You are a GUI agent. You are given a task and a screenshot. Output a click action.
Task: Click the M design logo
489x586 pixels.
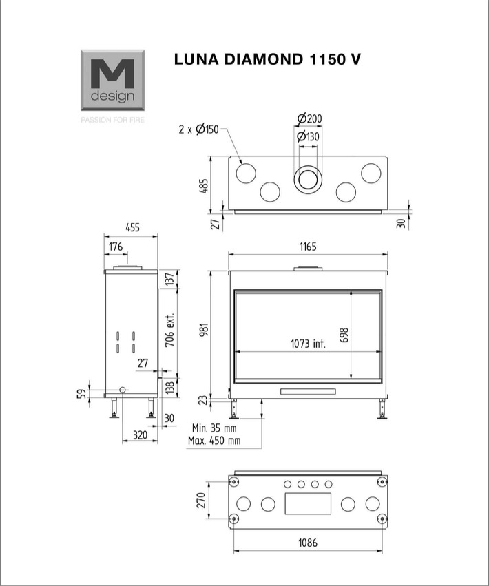(112, 81)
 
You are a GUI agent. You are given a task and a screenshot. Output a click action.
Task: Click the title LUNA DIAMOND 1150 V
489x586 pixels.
(268, 59)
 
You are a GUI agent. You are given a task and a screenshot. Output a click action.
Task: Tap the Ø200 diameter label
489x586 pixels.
(309, 118)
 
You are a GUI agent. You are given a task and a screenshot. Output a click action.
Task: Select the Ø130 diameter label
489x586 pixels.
(308, 137)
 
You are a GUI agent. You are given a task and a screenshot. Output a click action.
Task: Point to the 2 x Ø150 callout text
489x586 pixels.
(198, 129)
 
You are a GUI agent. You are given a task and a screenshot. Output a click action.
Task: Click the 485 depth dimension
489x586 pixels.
(204, 186)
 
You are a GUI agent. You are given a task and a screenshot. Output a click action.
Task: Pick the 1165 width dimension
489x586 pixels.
(308, 247)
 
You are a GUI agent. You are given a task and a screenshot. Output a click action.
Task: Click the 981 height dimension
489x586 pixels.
(204, 330)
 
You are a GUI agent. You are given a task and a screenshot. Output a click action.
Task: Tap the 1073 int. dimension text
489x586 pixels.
(308, 344)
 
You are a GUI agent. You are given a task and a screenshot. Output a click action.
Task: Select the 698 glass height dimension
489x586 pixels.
(344, 335)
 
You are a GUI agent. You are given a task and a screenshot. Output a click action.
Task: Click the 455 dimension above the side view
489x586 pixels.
(133, 227)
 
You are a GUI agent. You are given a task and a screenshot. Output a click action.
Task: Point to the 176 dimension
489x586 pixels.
(116, 247)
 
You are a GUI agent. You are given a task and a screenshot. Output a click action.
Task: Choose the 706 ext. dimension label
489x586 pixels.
(170, 330)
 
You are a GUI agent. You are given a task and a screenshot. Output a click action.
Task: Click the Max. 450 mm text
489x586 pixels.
(214, 441)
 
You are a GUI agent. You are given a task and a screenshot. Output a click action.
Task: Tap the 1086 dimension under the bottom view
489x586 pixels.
(308, 543)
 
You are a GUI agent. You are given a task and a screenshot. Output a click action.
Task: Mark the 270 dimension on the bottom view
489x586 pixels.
(201, 501)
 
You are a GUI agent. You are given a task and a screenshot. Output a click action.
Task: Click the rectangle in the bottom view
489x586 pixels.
(308, 503)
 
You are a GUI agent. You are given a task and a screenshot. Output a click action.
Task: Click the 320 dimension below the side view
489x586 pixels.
(141, 435)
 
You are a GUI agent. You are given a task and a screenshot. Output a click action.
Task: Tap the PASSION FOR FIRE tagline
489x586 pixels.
(112, 120)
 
